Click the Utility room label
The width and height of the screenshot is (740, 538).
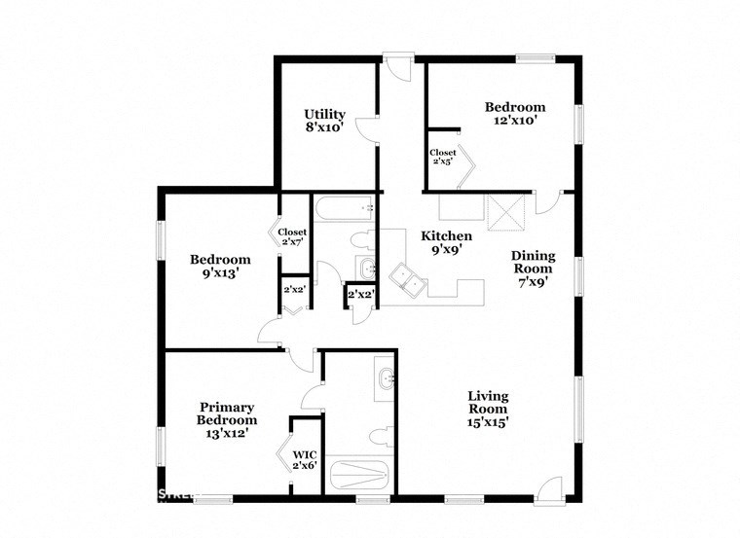pyautogui.click(x=324, y=120)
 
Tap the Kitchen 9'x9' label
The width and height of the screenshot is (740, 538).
pyautogui.click(x=447, y=242)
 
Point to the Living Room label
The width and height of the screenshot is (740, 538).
pyautogui.click(x=488, y=409)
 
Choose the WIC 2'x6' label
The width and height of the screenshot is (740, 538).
pyautogui.click(x=305, y=459)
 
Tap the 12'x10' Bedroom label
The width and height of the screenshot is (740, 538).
pyautogui.click(x=515, y=114)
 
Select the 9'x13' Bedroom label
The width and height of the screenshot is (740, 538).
pyautogui.click(x=219, y=267)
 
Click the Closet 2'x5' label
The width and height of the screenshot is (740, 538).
pyautogui.click(x=443, y=157)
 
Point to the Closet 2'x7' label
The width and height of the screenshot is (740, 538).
pyautogui.click(x=292, y=236)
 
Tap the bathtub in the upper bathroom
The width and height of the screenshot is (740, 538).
pyautogui.click(x=344, y=208)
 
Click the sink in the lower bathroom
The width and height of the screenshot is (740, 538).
pyautogui.click(x=386, y=378)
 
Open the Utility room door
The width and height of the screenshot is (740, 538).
pyautogui.click(x=364, y=130)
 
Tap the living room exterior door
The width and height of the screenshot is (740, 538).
pyautogui.click(x=551, y=487)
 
